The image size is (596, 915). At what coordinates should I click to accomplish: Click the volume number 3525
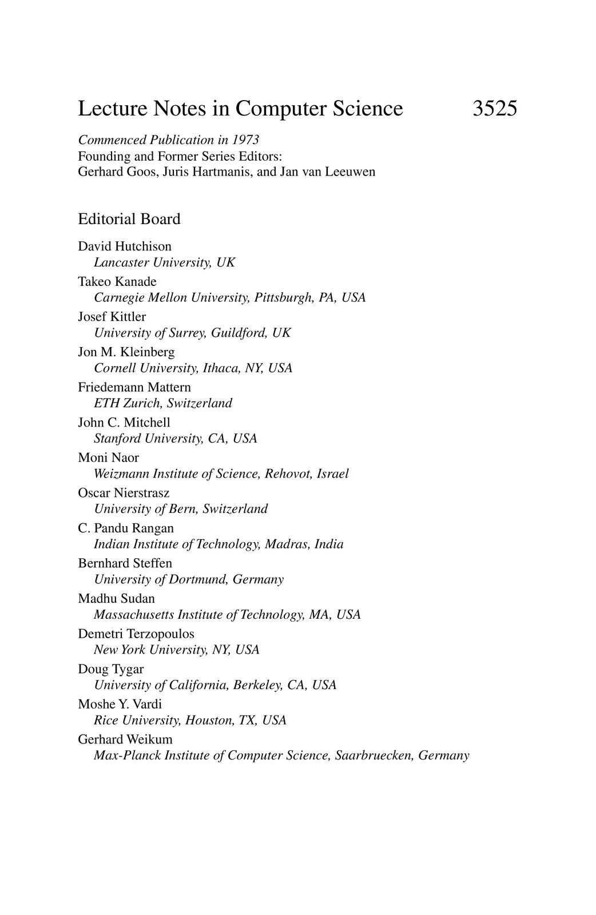point(495,109)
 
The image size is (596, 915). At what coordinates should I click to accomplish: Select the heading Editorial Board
point(129,219)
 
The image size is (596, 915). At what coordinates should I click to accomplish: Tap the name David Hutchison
point(125,246)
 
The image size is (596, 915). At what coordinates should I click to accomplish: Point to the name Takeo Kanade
point(117,281)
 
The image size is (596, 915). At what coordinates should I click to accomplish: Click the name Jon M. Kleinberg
point(126,352)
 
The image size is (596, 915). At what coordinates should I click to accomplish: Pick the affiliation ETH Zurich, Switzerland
point(163,403)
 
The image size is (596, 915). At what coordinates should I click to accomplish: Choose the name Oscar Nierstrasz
point(124,492)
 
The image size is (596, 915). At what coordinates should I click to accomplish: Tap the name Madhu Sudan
point(117,598)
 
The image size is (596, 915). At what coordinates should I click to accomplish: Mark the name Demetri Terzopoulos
point(136,634)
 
